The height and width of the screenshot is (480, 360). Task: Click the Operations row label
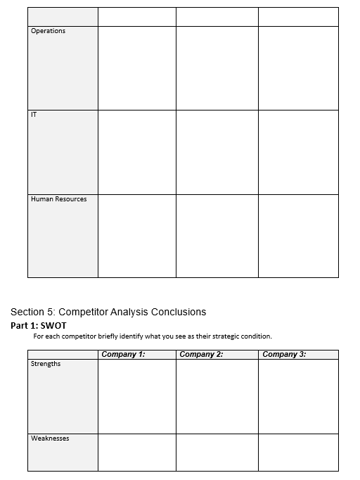(x=48, y=31)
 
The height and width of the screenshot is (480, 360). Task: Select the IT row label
(x=34, y=115)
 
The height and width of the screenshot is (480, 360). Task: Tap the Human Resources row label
(x=58, y=199)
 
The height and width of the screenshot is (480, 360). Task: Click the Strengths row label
(x=46, y=364)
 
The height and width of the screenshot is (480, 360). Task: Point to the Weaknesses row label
(x=50, y=438)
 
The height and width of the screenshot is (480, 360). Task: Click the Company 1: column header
(x=123, y=354)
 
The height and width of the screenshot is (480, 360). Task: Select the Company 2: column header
(x=201, y=354)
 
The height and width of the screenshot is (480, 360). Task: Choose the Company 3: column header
(x=284, y=354)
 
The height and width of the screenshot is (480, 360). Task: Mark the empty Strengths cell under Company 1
(x=136, y=396)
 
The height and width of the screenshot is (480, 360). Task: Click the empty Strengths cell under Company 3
(x=298, y=396)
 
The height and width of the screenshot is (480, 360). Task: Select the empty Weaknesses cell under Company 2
(x=217, y=452)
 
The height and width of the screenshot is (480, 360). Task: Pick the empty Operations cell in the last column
(x=298, y=68)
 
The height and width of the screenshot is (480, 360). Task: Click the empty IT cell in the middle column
(x=217, y=151)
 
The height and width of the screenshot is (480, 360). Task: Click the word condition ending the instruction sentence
(x=255, y=336)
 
